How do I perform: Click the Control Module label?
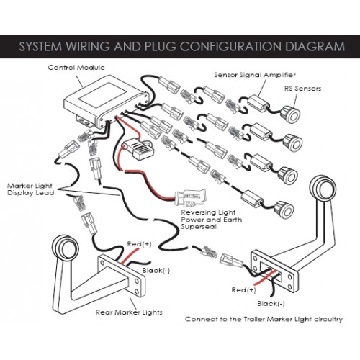coord(76,68)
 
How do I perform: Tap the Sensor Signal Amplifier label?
coord(255,75)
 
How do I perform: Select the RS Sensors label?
coord(302,89)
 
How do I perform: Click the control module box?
coord(106,101)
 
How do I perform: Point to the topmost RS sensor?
coord(290,114)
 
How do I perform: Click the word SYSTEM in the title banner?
coord(40,47)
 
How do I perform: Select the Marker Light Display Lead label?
coord(31,189)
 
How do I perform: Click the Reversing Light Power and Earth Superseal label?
coord(212,220)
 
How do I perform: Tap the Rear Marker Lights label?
coord(129,312)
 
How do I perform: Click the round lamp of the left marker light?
coord(65,247)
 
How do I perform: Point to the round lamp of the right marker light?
coord(322,188)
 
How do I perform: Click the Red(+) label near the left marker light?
coord(139,244)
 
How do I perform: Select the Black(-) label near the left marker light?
coord(156,271)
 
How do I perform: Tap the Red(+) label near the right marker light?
coord(243,290)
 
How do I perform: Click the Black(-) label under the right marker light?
coord(271,304)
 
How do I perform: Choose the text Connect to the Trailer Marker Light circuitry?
coord(264,319)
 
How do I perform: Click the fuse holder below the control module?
coord(138,147)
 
